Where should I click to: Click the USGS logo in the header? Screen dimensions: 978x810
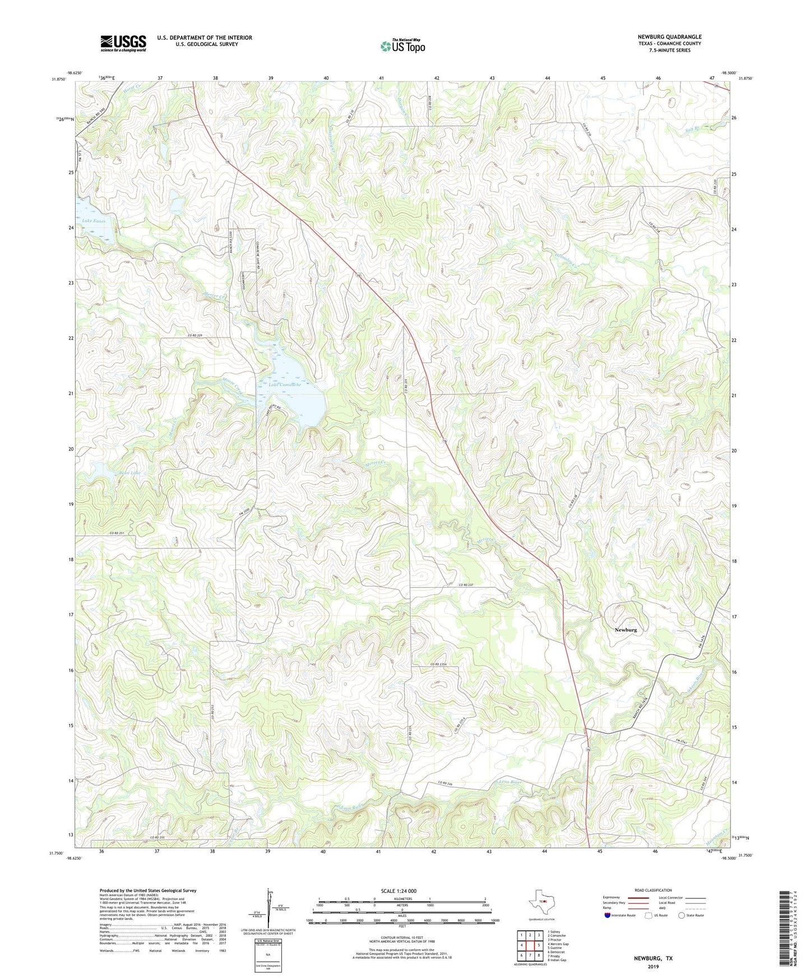(123, 43)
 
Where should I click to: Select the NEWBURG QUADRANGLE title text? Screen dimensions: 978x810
(669, 37)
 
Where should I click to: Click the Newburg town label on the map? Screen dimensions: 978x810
(625, 630)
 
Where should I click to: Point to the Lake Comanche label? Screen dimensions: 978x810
(285, 385)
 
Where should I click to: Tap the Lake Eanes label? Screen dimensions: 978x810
(94, 221)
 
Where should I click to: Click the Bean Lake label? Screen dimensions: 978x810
(129, 473)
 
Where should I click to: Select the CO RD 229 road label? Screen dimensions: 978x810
(191, 335)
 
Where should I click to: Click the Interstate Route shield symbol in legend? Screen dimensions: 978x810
(608, 915)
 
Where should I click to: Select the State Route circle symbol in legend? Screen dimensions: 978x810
(682, 915)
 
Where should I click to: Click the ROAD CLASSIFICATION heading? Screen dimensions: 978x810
(652, 890)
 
